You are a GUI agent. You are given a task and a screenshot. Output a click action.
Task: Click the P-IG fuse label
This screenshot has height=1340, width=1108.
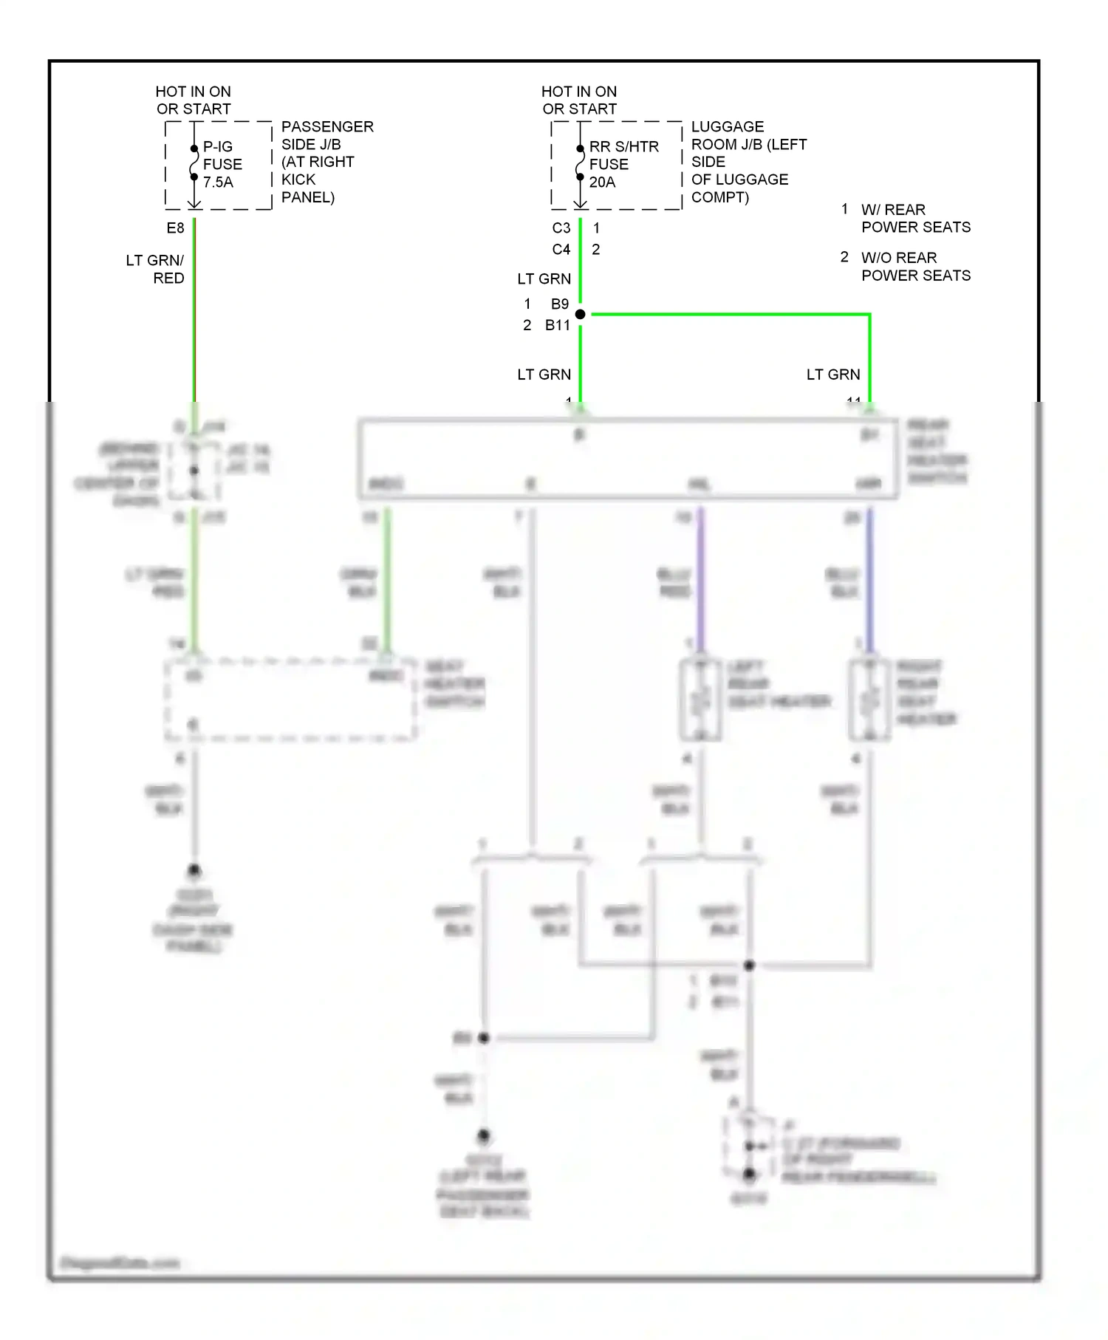(218, 147)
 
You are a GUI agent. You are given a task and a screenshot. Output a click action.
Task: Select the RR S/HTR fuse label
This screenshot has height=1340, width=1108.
(623, 147)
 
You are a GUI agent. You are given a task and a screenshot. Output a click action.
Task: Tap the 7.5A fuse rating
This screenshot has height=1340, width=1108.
(218, 182)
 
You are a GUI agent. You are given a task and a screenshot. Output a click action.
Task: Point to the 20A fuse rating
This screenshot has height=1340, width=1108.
(602, 182)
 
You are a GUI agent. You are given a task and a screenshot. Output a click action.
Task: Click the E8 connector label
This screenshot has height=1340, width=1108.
(175, 228)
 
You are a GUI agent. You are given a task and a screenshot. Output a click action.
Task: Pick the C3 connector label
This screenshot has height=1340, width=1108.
(561, 228)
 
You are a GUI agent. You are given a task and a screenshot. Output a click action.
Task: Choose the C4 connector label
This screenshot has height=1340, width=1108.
(561, 250)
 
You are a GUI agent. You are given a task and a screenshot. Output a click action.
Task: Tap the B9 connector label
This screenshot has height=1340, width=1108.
(560, 304)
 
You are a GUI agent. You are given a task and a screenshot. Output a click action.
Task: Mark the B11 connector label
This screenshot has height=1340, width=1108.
(558, 325)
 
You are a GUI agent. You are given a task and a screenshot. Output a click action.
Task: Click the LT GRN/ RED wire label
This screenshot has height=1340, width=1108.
(156, 270)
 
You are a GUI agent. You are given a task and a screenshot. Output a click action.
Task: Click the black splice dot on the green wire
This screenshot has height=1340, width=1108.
(581, 315)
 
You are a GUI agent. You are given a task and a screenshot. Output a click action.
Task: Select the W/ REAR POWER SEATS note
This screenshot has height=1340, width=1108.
(915, 219)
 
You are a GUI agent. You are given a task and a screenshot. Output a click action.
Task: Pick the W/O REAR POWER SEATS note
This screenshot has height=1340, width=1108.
(915, 267)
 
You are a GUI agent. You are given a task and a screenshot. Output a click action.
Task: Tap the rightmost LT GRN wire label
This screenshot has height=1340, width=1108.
(833, 375)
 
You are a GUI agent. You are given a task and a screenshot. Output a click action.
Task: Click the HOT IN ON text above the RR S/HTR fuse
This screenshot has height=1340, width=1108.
(579, 92)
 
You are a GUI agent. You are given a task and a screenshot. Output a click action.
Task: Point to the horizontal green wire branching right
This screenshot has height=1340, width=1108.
(731, 315)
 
